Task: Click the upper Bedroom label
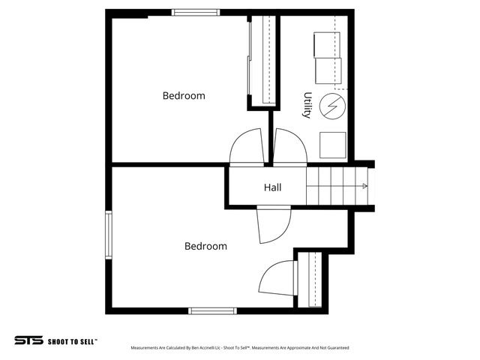[x=184, y=96]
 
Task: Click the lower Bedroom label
[x=205, y=246]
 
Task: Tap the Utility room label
[x=307, y=106]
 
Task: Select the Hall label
[x=272, y=187]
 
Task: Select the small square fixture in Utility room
[x=332, y=145]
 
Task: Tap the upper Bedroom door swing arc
[x=244, y=146]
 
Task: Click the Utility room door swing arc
[x=289, y=146]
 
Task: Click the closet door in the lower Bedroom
[x=277, y=278]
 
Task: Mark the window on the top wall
[x=196, y=12]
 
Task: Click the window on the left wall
[x=109, y=235]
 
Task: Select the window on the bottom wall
[x=212, y=310]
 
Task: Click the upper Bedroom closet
[x=260, y=60]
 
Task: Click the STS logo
[x=28, y=340]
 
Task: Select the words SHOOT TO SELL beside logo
[x=73, y=340]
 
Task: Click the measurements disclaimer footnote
[x=239, y=348]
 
